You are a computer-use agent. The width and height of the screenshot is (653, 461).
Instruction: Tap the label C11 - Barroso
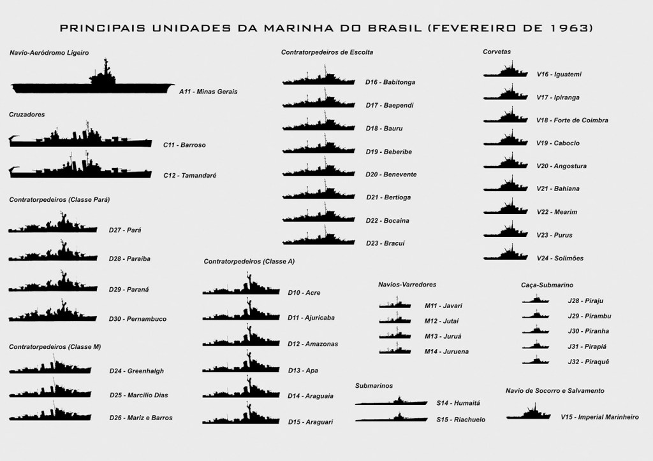tap(184, 145)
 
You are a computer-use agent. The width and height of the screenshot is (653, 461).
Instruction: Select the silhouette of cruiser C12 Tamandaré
tap(80, 170)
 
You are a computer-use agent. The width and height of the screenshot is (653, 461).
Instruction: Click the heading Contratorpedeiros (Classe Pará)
tap(59, 199)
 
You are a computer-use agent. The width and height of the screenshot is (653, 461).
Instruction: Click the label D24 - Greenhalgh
tap(136, 371)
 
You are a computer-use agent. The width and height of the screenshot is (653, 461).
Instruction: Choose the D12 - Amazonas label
tap(312, 344)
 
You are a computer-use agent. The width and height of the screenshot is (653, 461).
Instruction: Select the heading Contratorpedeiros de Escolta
tap(327, 52)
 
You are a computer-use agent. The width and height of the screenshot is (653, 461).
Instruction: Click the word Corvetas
tap(497, 52)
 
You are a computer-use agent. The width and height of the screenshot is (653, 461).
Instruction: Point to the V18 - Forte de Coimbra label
tap(572, 120)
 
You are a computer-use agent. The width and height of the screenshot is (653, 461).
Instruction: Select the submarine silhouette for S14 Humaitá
tap(392, 401)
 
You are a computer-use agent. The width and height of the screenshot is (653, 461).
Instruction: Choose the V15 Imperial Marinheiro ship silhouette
tap(529, 414)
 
